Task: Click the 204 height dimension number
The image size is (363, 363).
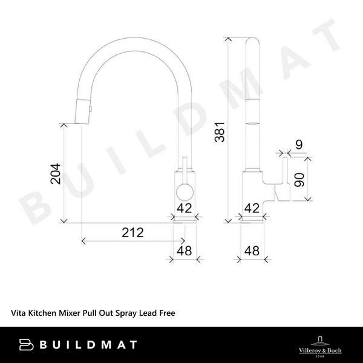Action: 54,175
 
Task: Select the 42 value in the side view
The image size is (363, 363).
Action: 252,208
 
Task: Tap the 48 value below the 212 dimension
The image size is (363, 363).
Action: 184,249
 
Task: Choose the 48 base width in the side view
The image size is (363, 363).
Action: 252,249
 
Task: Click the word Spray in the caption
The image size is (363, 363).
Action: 128,313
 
